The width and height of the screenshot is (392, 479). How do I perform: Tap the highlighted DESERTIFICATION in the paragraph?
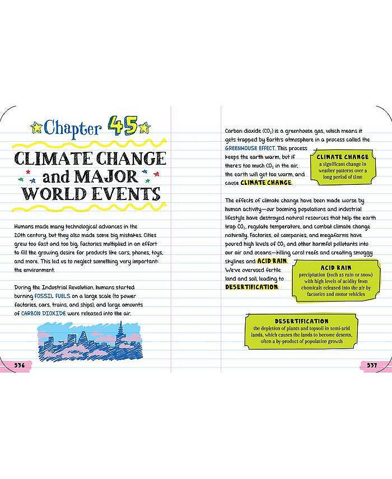pos(251,287)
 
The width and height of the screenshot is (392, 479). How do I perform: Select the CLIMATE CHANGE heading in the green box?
pos(342,157)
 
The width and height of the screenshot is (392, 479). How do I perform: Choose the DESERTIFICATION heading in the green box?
pos(301,320)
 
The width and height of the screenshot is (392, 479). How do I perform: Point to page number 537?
pos(372,365)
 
